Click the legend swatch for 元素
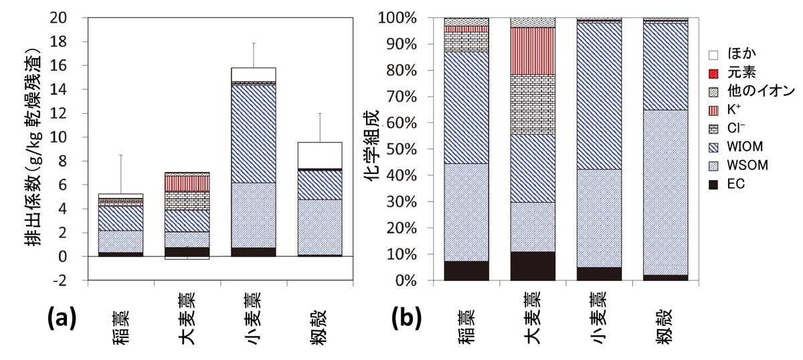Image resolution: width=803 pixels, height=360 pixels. point(715,72)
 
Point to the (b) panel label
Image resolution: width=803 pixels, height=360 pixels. point(406,319)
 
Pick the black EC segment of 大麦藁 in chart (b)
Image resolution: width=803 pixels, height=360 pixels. point(533,266)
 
